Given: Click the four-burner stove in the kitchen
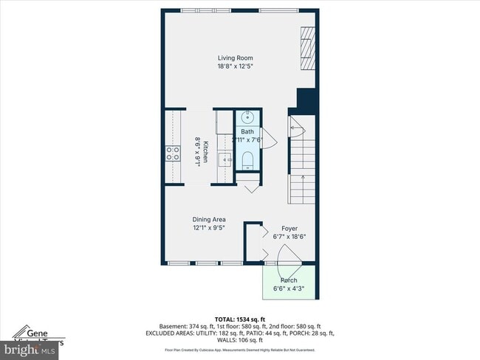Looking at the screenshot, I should (172, 153).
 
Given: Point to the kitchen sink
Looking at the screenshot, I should (229, 158).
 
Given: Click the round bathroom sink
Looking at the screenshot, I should (247, 117).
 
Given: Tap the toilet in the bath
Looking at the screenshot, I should (247, 160).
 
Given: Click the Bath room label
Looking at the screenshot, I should (247, 131).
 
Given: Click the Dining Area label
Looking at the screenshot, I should (209, 219).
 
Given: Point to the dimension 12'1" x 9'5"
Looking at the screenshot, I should (209, 228).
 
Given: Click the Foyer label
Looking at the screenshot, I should (289, 229).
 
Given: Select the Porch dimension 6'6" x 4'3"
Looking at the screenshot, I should (289, 288).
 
